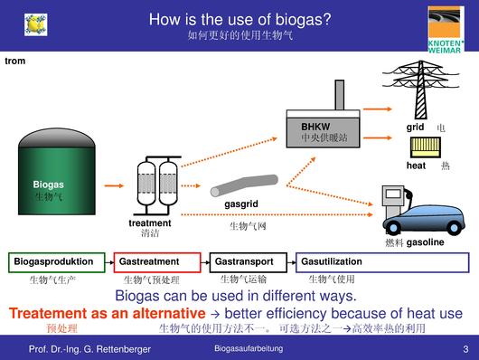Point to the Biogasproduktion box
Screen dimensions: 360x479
(59, 262)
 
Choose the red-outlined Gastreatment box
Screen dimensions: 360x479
(156, 262)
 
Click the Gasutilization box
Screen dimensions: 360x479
(380, 262)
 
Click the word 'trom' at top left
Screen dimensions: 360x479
(15, 61)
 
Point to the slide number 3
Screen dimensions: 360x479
(465, 348)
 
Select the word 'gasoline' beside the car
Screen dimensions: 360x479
(425, 243)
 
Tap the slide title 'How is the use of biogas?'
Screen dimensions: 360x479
(239, 19)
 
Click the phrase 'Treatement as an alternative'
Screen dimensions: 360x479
(107, 313)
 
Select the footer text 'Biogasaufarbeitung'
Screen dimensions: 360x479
(249, 348)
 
